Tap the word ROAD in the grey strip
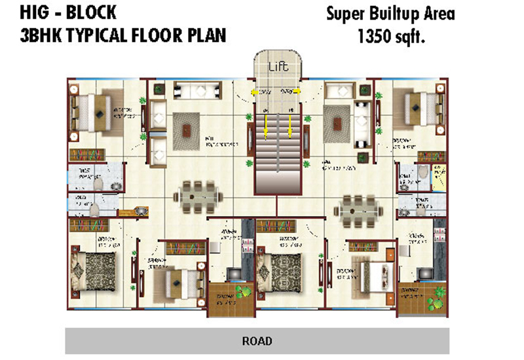pos(257,341)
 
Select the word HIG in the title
pos(31,13)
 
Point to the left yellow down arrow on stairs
pos(267,125)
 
